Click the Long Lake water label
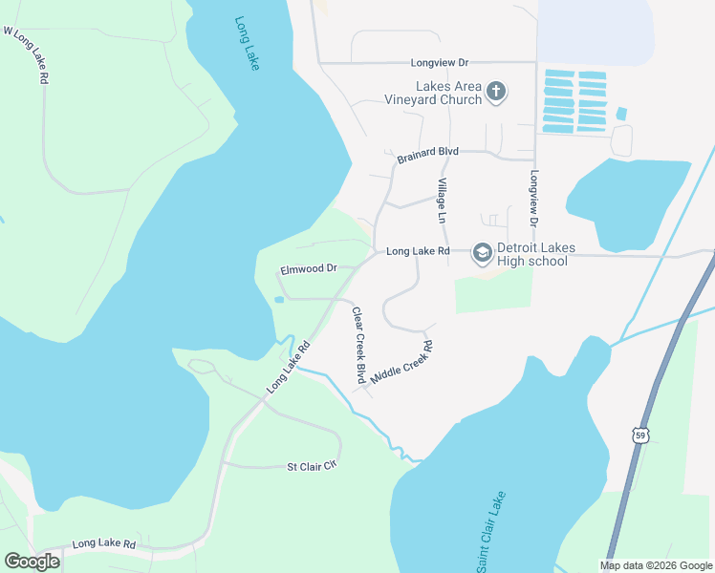247,42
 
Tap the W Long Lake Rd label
26,56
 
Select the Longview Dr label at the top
443,63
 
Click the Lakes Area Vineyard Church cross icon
495,92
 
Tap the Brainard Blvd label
429,152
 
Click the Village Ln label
442,201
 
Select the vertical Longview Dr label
534,199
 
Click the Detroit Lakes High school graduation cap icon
482,252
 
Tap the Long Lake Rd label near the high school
418,252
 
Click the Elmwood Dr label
309,269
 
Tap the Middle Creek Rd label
402,363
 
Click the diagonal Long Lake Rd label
290,367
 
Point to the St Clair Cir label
314,467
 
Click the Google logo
32,562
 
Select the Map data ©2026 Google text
655,565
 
